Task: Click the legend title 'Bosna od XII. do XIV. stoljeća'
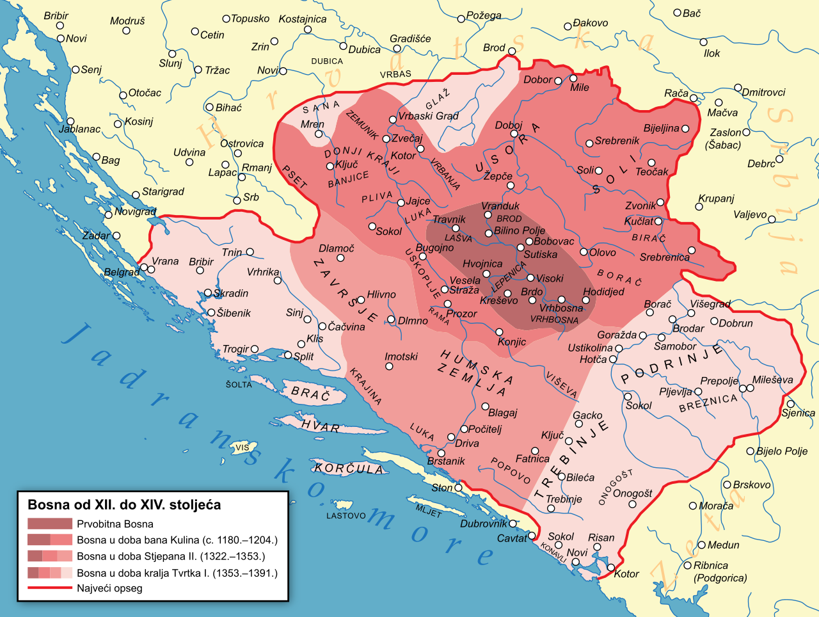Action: pyautogui.click(x=124, y=505)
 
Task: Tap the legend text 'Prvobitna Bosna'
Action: pyautogui.click(x=115, y=524)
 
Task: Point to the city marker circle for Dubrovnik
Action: pyautogui.click(x=513, y=524)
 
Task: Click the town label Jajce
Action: pyautogui.click(x=418, y=202)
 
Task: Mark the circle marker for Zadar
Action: pyautogui.click(x=116, y=236)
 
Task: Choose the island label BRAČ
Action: pyautogui.click(x=310, y=393)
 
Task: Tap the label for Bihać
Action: pyautogui.click(x=228, y=108)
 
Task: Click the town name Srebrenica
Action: pyautogui.click(x=664, y=257)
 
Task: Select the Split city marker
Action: pyautogui.click(x=288, y=355)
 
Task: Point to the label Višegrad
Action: pyautogui.click(x=710, y=304)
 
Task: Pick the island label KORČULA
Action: pyautogui.click(x=349, y=469)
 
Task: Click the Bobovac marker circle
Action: pyautogui.click(x=529, y=242)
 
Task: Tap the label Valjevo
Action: pyautogui.click(x=750, y=214)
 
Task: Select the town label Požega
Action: pyautogui.click(x=484, y=15)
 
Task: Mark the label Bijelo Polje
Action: pyautogui.click(x=782, y=451)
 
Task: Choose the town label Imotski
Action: pyautogui.click(x=401, y=357)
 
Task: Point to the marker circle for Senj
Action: pyautogui.click(x=76, y=69)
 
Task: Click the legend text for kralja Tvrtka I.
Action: pyautogui.click(x=177, y=573)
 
